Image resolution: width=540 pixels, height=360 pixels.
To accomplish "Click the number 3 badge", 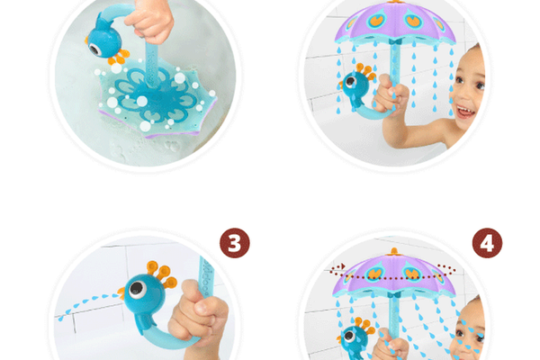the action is [x=235, y=243].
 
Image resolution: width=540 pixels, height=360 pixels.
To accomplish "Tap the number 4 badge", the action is [x=487, y=243].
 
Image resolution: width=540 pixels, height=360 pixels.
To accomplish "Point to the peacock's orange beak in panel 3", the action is [x=121, y=293].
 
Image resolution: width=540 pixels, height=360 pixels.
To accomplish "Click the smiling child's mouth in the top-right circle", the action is [x=465, y=112].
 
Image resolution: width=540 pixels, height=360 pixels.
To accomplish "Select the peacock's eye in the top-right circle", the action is [x=351, y=82].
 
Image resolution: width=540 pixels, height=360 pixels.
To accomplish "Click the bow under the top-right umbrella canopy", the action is [x=395, y=41].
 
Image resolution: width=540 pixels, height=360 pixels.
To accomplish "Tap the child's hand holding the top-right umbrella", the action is [x=391, y=94].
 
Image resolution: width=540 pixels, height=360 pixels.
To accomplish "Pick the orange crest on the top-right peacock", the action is [x=366, y=71].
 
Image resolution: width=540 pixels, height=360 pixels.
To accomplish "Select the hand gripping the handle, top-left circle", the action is [x=151, y=21].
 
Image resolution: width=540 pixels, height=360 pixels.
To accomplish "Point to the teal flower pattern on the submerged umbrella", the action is [x=157, y=95].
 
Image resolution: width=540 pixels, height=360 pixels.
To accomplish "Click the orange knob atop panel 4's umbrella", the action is [x=394, y=251].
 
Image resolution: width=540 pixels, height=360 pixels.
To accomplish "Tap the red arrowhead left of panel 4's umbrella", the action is [x=343, y=266].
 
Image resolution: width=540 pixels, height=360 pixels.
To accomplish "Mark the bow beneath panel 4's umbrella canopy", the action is [x=394, y=295].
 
